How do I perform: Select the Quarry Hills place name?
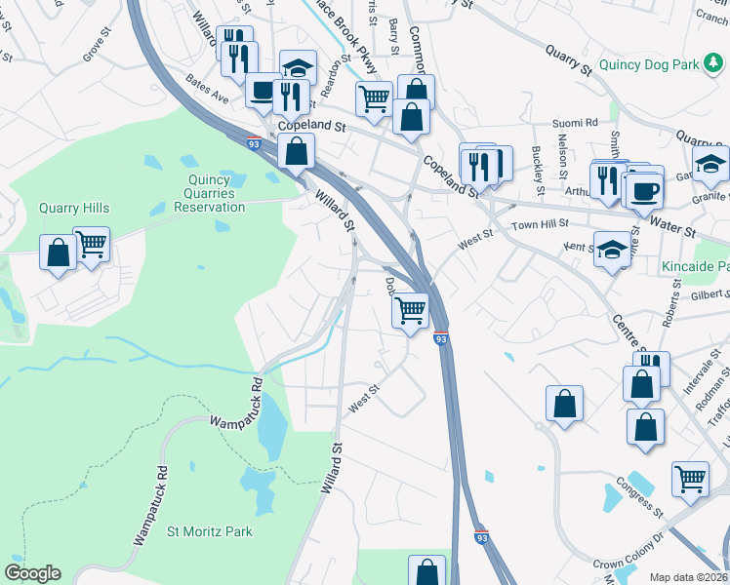tap(74, 208)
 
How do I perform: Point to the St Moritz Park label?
tap(210, 531)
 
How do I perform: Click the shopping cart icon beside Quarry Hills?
tap(91, 244)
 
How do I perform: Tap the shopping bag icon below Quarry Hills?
tap(58, 253)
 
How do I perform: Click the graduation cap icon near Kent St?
tap(612, 250)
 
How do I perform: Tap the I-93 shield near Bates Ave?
tap(254, 143)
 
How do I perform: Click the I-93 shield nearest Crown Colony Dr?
tap(481, 536)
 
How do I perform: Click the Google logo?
tap(32, 573)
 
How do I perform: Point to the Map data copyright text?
tap(689, 577)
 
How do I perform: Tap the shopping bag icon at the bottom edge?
tap(426, 571)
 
